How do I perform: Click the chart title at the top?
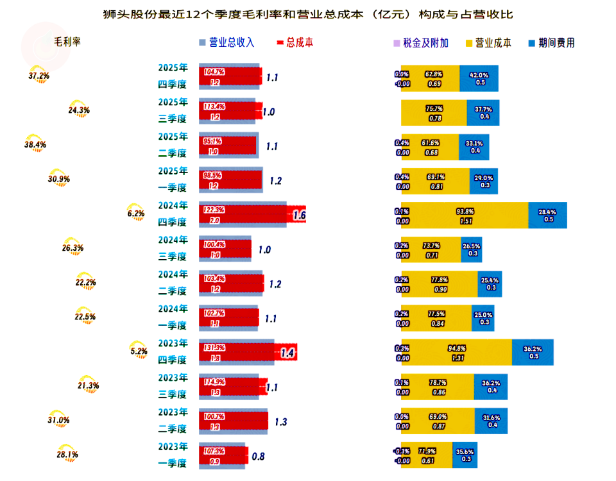[308, 13]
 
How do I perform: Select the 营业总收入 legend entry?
[227, 43]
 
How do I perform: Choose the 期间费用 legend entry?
[551, 43]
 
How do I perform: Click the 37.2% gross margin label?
[39, 76]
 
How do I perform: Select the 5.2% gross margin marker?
[139, 351]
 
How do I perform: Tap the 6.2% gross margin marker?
[136, 214]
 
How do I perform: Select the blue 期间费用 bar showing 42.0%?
[479, 78]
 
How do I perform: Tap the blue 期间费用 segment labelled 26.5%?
[471, 249]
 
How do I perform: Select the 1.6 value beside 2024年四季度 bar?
[299, 215]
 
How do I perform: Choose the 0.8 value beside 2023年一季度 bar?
[258, 457]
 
